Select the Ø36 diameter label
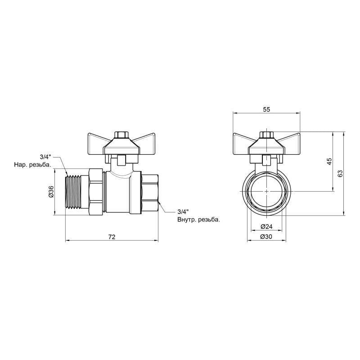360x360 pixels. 51,192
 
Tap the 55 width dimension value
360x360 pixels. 266,109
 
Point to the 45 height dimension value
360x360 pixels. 329,161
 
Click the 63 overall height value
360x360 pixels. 340,173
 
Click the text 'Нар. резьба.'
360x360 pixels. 32,165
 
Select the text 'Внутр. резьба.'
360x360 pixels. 198,220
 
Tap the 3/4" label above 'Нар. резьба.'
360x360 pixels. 45,157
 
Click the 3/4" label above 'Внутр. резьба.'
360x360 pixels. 183,211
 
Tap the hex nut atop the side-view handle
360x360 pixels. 120,135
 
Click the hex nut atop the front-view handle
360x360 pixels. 266,135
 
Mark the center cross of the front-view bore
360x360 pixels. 266,191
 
